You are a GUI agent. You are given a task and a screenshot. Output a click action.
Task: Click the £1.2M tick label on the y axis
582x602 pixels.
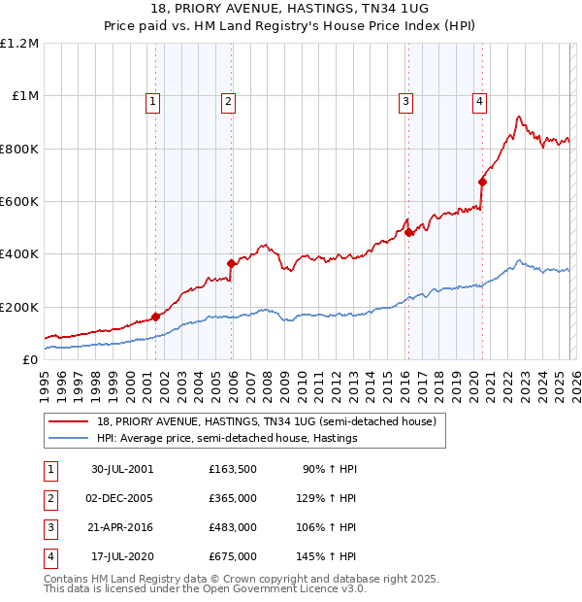tap(19, 44)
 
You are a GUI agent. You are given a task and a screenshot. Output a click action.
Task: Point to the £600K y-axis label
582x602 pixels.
tap(19, 202)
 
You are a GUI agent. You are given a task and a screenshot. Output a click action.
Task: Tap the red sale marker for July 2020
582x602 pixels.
tap(482, 181)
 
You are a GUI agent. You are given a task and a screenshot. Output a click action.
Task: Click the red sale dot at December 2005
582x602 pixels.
tap(231, 263)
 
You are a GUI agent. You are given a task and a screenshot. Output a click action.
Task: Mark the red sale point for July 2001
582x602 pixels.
tap(156, 316)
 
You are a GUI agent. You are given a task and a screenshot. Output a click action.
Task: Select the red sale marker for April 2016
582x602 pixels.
tap(409, 232)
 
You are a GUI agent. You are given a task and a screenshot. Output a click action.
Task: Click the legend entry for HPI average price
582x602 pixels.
tap(227, 438)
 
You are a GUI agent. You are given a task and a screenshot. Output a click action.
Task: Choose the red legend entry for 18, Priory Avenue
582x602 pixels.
tap(267, 421)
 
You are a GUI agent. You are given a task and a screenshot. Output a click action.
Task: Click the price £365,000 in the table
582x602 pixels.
tap(233, 497)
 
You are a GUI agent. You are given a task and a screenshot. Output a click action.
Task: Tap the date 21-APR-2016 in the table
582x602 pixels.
tap(122, 527)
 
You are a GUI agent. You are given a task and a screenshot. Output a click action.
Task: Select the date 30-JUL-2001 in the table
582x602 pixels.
tap(122, 468)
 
